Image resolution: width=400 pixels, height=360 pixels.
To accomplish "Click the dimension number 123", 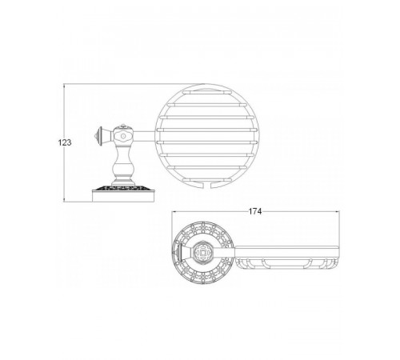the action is [65, 142].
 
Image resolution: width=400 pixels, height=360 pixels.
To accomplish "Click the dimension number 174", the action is [255, 211].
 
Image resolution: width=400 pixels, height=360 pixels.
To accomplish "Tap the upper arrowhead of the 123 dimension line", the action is [64, 86].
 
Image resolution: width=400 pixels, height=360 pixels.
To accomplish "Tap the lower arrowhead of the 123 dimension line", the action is [64, 200].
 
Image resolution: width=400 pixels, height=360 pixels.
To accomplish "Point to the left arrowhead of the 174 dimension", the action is [174, 211].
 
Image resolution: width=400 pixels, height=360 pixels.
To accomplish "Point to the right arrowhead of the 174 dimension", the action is [337, 211].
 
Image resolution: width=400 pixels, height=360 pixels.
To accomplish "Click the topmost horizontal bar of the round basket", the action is [206, 92].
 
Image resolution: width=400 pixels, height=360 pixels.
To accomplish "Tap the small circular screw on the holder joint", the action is [123, 136].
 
